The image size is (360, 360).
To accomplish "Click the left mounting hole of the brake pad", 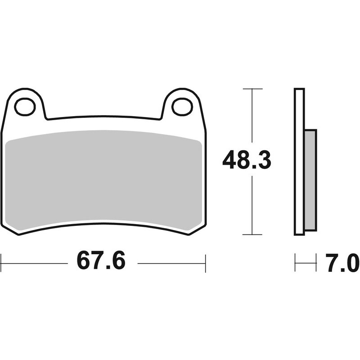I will click(25, 107).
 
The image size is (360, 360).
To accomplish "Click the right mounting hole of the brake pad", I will click(182, 107).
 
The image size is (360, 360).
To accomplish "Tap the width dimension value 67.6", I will click(101, 261).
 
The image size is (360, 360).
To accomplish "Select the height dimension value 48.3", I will click(247, 160).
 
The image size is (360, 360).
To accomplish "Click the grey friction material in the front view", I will click(103, 180).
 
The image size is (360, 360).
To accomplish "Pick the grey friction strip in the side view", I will click(310, 180).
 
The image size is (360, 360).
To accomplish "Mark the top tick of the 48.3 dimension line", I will click(252, 89).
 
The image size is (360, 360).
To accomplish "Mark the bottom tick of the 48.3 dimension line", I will click(252, 234).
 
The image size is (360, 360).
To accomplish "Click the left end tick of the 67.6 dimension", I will click(1, 263).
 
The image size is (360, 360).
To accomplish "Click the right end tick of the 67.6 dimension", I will click(205, 263).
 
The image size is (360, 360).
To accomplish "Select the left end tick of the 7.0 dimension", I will click(295, 263).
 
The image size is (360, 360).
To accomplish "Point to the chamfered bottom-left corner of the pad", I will click(10, 229).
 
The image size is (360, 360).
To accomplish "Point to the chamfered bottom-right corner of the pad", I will click(197, 229).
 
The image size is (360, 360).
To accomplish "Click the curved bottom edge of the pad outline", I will click(103, 223).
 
